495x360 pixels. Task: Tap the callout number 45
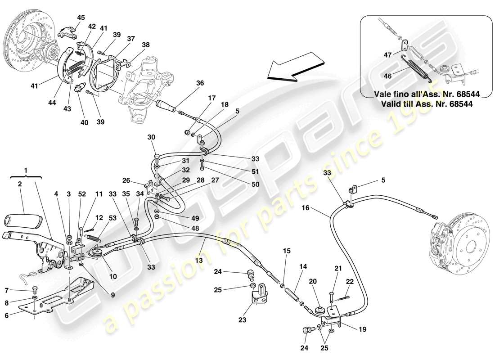81,18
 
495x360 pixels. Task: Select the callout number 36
200,83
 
